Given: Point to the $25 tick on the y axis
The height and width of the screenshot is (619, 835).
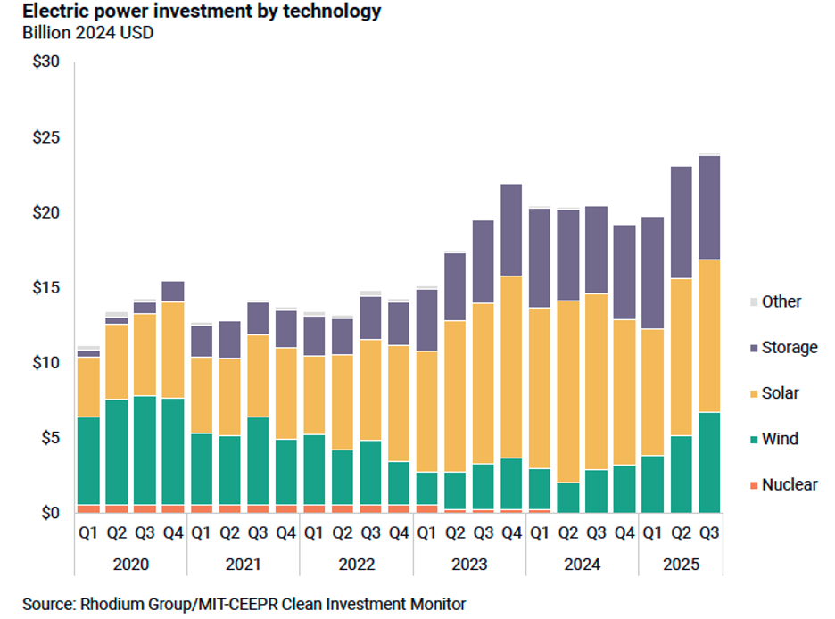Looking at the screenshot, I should (x=45, y=138).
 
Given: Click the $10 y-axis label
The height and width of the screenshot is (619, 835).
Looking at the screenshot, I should (x=45, y=363).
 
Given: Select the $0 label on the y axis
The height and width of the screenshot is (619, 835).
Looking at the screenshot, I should (x=49, y=513).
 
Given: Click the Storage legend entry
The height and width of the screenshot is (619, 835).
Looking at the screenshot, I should (x=789, y=348).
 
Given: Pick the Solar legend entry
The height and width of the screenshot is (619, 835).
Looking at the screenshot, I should (x=780, y=393).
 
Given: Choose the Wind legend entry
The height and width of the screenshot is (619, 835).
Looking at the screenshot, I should (x=779, y=439).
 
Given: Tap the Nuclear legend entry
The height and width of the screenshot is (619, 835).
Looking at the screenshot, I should (x=789, y=485).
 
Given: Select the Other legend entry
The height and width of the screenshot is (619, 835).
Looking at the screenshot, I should (x=781, y=301).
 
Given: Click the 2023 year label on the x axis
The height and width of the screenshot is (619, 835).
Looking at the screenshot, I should (x=468, y=564).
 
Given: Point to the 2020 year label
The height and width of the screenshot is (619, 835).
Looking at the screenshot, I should (x=131, y=564).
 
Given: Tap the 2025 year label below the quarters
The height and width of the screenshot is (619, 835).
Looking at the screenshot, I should (x=680, y=564).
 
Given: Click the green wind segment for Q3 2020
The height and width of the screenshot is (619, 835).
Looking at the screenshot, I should (x=145, y=450).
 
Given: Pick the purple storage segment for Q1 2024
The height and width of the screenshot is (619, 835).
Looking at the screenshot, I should (x=540, y=258).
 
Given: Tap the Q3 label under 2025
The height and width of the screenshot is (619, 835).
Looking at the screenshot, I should (x=709, y=535).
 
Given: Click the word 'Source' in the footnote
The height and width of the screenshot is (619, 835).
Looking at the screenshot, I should (x=48, y=604).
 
